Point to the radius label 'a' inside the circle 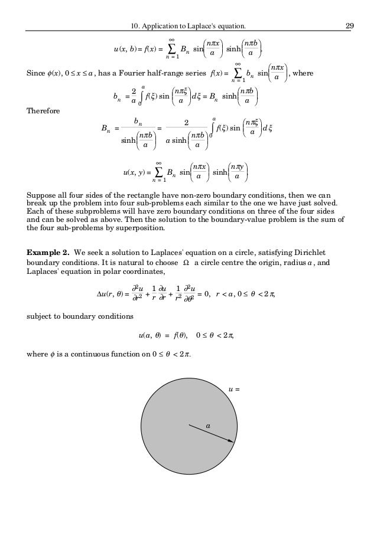pos(208,424)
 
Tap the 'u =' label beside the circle pos(234,388)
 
